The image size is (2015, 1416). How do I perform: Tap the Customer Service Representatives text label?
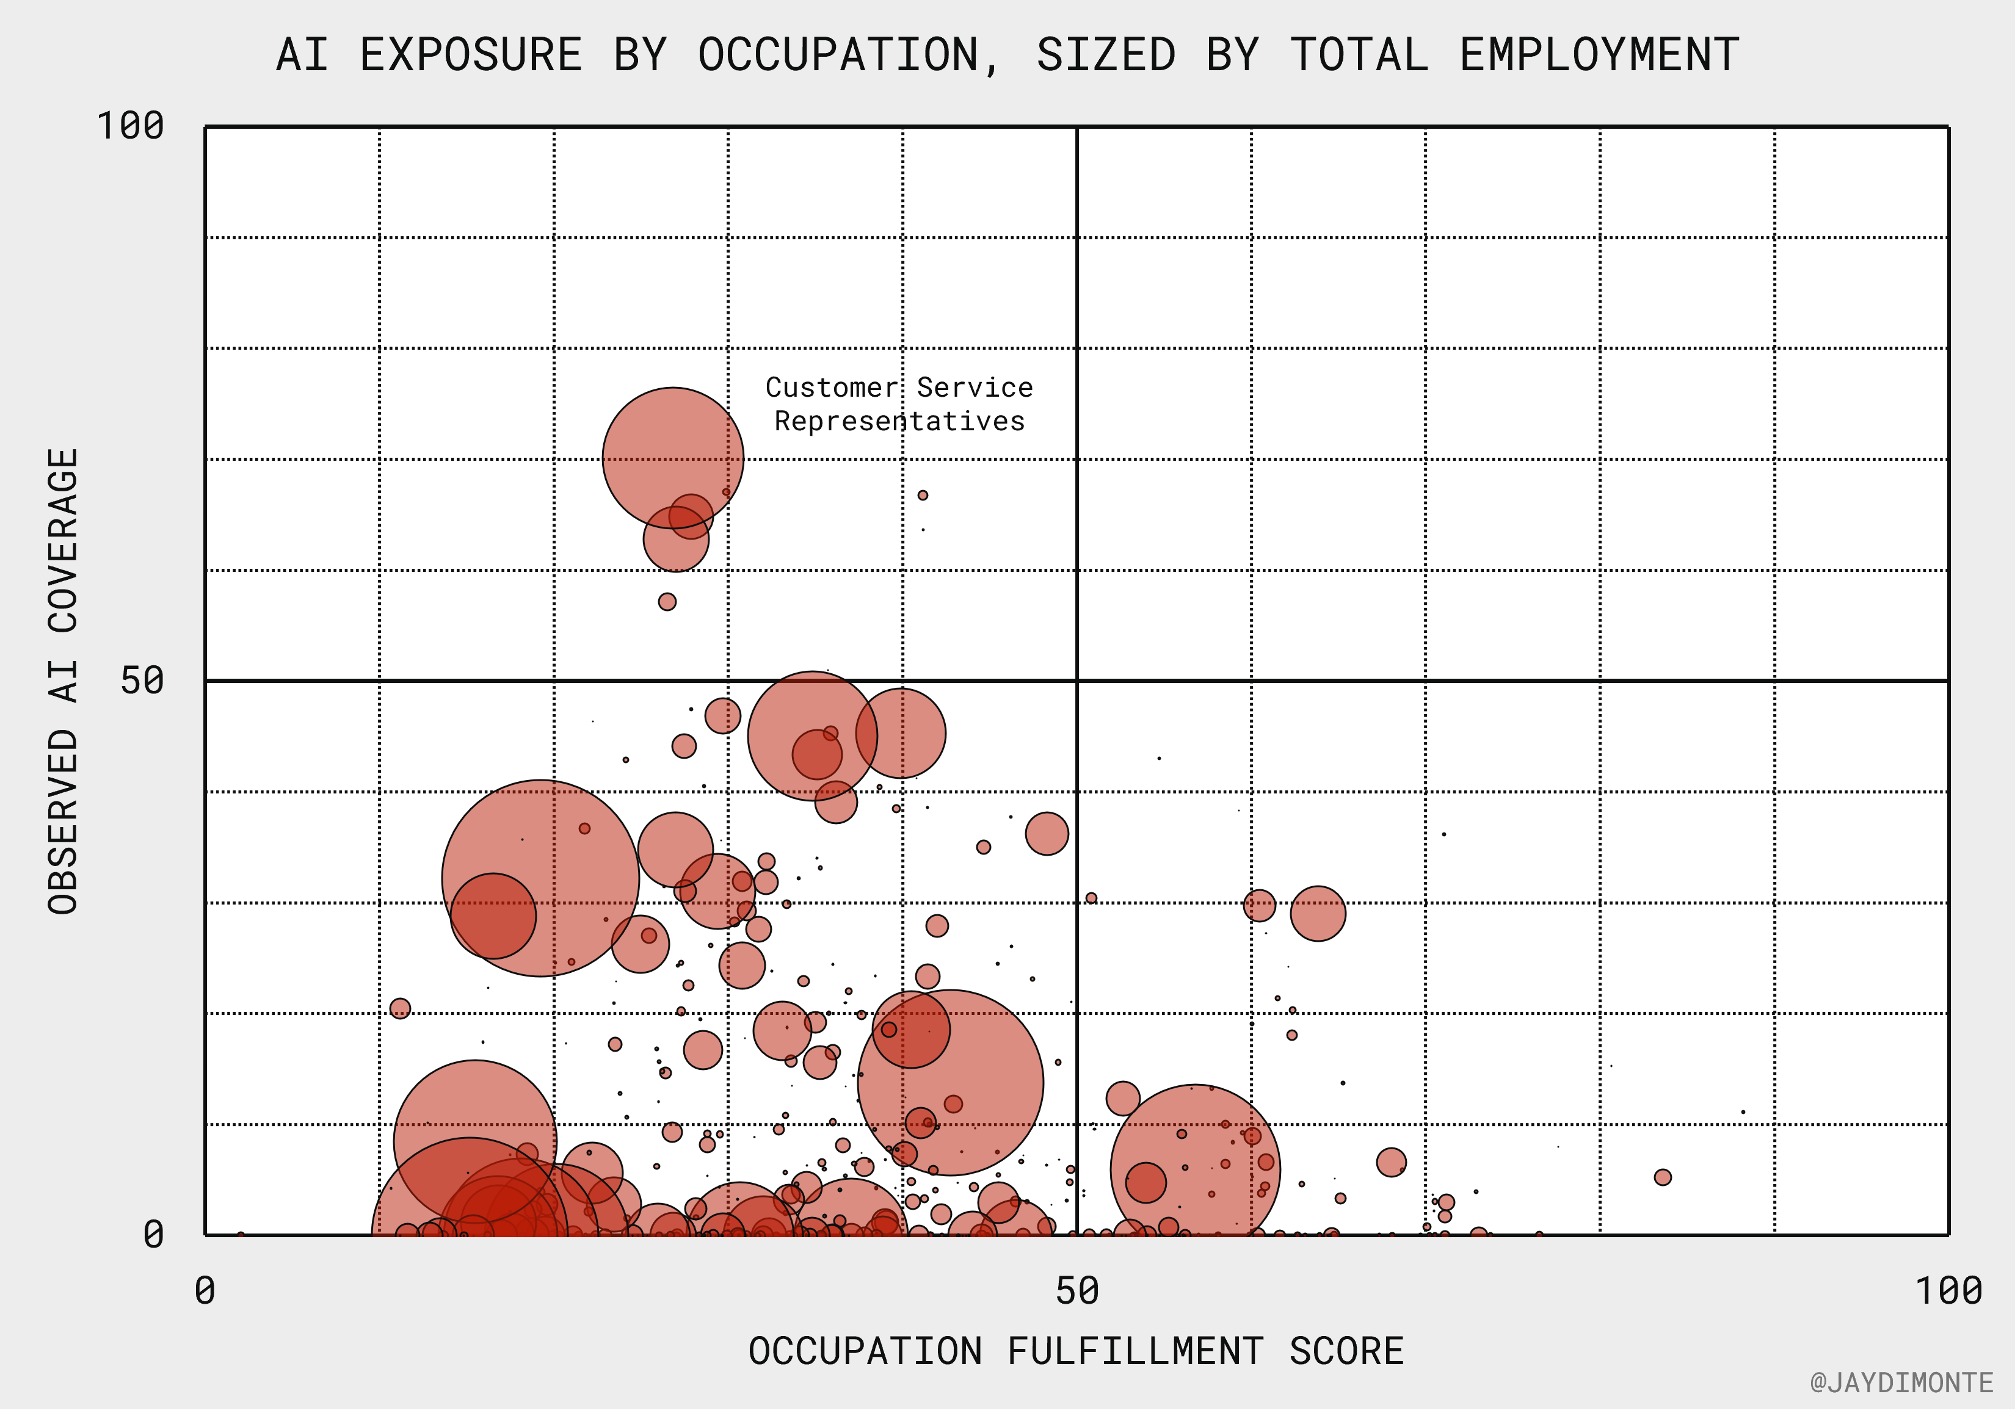[899, 405]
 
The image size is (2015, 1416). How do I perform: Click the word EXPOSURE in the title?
[470, 56]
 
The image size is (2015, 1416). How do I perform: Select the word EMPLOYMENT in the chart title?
[1600, 56]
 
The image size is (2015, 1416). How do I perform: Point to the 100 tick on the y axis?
[130, 126]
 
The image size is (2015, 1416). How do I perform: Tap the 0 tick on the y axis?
[154, 1236]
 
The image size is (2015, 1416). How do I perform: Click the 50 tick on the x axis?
[1077, 1292]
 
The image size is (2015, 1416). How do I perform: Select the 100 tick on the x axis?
[1948, 1292]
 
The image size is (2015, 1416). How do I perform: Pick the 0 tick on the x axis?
[205, 1292]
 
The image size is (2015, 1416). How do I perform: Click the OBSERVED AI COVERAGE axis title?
[63, 682]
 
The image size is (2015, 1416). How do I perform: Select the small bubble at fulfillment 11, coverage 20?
[400, 1010]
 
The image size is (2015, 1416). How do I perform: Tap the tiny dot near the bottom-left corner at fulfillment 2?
[241, 1235]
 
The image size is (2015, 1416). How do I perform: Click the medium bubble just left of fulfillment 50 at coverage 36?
[1047, 834]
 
